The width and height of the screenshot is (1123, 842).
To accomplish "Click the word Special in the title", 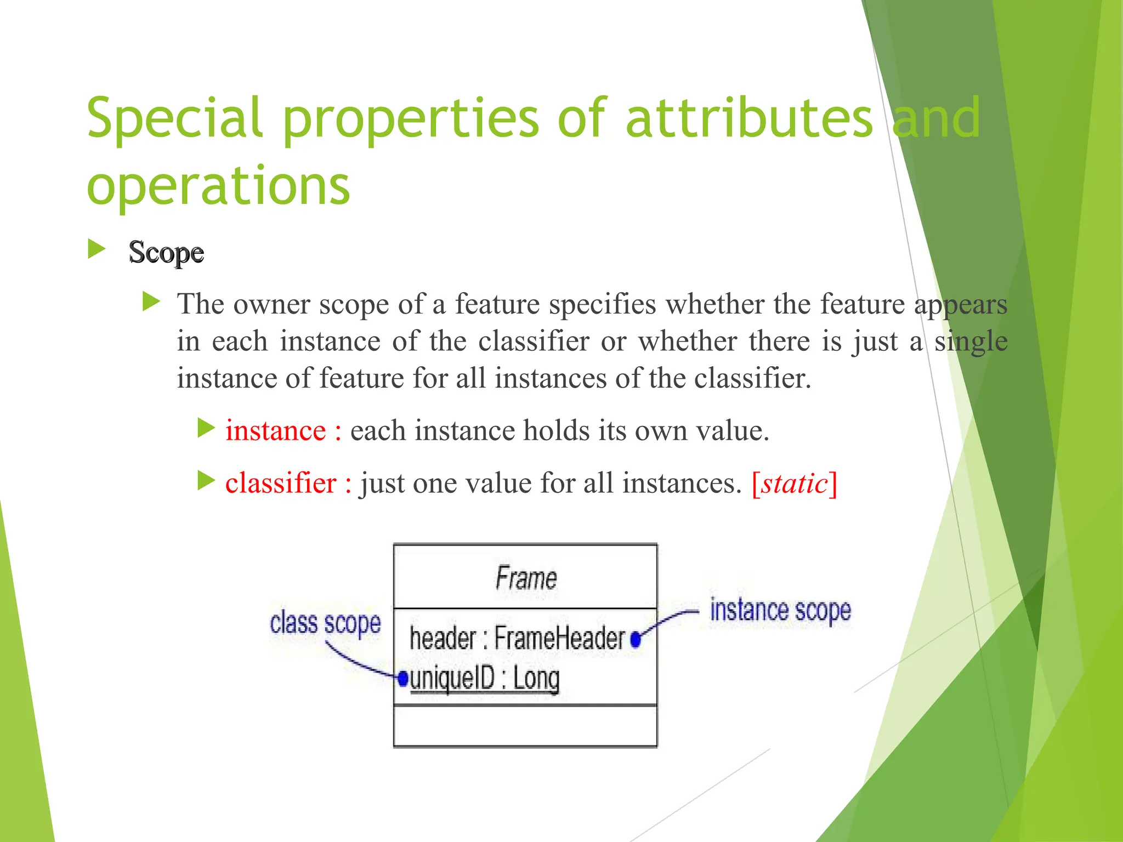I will (x=174, y=118).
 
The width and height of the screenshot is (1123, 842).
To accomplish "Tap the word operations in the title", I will (x=218, y=186).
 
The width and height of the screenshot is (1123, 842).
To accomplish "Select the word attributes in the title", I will (x=748, y=118).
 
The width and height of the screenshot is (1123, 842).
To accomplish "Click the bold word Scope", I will (x=166, y=253).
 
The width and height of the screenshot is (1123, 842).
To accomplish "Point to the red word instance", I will (x=275, y=431).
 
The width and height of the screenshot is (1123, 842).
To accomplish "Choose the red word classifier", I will (x=280, y=483).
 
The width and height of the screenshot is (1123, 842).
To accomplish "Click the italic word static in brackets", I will (x=795, y=483).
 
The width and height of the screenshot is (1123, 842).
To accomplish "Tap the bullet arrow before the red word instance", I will (x=206, y=428).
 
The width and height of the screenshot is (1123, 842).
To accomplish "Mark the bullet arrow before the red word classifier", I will (x=206, y=481).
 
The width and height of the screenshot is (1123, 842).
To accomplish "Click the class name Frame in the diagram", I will (x=526, y=578).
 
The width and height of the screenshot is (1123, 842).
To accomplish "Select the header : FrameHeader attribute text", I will (x=517, y=639).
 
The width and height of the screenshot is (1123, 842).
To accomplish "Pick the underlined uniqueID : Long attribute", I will (x=485, y=679).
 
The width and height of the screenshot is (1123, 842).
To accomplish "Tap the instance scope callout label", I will (x=780, y=611).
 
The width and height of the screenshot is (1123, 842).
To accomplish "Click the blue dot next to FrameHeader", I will (x=636, y=640).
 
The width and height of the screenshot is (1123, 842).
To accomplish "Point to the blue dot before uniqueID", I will (x=403, y=679).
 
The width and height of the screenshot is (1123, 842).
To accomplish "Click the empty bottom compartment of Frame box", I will (x=525, y=726).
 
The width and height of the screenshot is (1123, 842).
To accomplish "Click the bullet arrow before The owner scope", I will (x=151, y=301).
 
